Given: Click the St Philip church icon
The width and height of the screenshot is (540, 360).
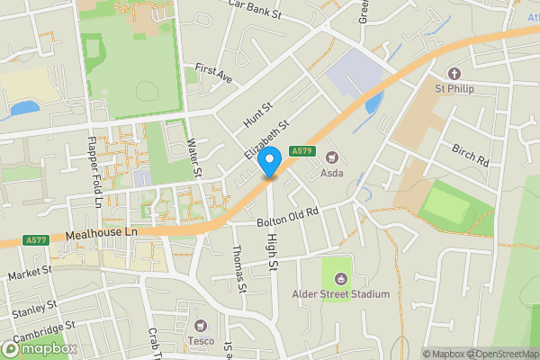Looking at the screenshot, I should pos(455,73).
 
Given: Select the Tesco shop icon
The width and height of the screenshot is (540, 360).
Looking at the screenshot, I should pos(201,325).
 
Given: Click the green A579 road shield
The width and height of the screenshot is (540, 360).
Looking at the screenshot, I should pos(301,150).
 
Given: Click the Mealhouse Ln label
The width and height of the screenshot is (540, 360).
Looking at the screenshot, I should pos(100,234).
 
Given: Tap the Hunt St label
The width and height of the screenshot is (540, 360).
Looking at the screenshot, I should pos(256,113).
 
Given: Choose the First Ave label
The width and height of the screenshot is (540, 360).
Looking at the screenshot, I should pos(213,74).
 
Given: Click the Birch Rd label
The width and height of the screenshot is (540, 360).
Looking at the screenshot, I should pos(470,154).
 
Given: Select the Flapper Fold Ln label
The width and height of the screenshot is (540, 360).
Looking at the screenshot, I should pos(93,172).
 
